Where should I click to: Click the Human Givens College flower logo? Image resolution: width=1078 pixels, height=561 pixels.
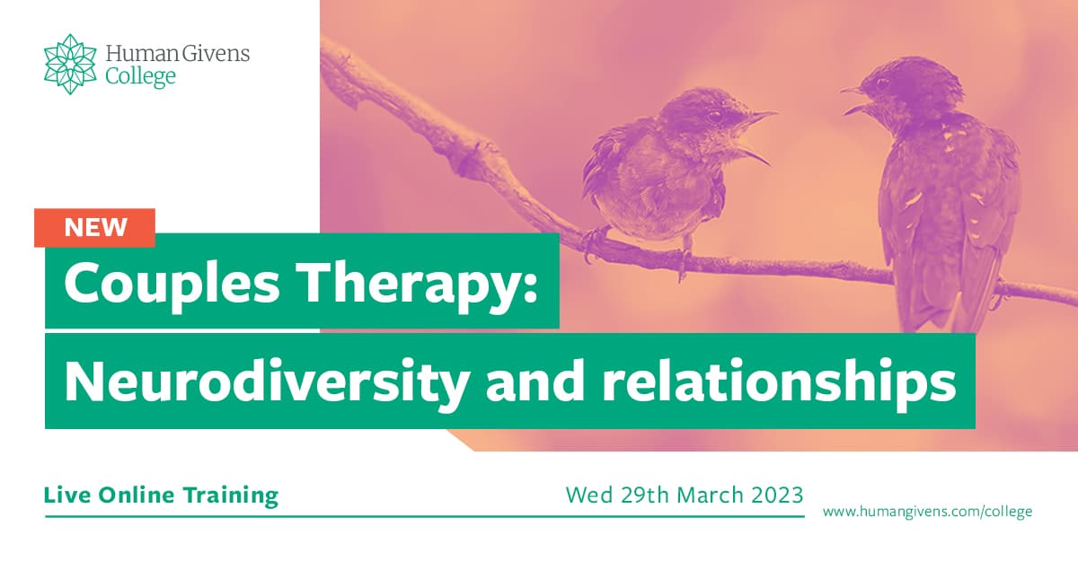pos(70,64)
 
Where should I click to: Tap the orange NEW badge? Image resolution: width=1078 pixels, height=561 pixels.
pos(95,227)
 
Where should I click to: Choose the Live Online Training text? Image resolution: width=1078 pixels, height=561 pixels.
pos(161,495)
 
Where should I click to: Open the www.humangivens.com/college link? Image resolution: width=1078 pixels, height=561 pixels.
pos(927,512)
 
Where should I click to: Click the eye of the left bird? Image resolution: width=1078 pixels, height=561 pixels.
pos(714,116)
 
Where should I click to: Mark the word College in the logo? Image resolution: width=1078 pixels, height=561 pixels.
pos(140,77)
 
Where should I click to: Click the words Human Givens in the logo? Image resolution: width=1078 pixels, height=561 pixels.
pos(177,54)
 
